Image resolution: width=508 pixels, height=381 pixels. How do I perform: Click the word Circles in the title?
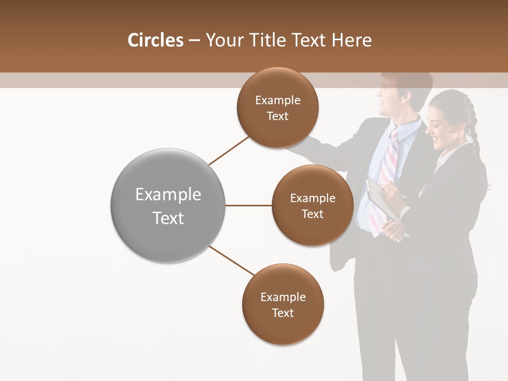pyautogui.click(x=156, y=40)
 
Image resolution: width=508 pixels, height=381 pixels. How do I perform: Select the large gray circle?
pyautogui.click(x=168, y=205)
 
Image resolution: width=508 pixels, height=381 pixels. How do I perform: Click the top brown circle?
pyautogui.click(x=277, y=107)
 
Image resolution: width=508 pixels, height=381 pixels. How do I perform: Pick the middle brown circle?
pyautogui.click(x=312, y=205)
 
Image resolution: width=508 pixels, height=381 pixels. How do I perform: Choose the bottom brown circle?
pyautogui.click(x=283, y=304)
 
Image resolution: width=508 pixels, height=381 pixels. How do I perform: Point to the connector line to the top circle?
pyautogui.click(x=229, y=150)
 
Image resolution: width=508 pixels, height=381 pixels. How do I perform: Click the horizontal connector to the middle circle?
pyautogui.click(x=249, y=205)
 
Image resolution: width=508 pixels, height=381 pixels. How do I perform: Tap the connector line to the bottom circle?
pyautogui.click(x=232, y=261)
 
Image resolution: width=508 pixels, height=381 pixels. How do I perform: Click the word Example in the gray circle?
pyautogui.click(x=168, y=195)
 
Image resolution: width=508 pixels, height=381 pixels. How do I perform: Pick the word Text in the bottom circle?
pyautogui.click(x=283, y=313)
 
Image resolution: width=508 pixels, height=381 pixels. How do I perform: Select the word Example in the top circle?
pyautogui.click(x=277, y=100)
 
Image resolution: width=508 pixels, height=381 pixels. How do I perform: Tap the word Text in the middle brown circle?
pyautogui.click(x=312, y=214)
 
